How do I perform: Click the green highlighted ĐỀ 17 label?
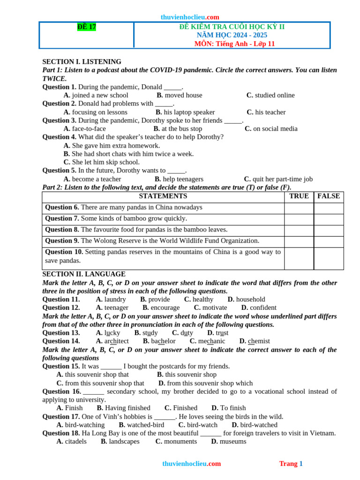click(x=87, y=27)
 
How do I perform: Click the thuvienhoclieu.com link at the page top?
click(x=190, y=17)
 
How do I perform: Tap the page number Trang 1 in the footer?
click(x=291, y=464)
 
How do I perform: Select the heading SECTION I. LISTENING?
click(x=82, y=61)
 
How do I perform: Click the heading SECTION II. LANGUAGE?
click(x=84, y=274)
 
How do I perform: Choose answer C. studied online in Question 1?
click(x=270, y=95)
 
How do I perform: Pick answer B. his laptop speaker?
click(x=185, y=112)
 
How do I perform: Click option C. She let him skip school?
click(x=102, y=162)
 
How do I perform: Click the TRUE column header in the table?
click(x=299, y=196)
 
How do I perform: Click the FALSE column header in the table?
click(x=329, y=196)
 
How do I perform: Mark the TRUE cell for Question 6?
click(x=299, y=208)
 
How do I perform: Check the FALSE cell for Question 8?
click(x=329, y=230)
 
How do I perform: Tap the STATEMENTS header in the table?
click(x=163, y=196)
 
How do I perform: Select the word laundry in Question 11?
click(x=115, y=299)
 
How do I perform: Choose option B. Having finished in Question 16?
click(x=124, y=408)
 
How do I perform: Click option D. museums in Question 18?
click(x=229, y=441)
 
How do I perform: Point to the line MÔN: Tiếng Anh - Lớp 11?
click(x=234, y=44)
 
